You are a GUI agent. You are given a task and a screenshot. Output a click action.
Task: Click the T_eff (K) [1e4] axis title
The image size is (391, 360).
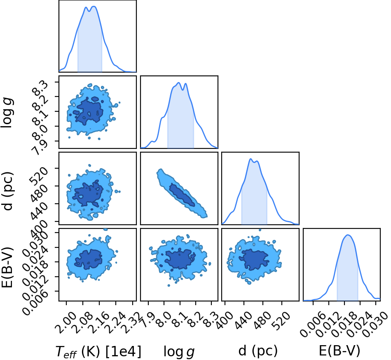point(98,351)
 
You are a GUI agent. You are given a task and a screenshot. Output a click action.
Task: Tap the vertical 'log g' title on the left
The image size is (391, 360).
point(7,113)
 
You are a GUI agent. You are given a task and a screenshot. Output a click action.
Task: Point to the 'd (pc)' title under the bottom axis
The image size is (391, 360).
point(258,351)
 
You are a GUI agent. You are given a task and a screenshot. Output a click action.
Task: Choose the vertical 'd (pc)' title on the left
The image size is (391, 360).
point(7,191)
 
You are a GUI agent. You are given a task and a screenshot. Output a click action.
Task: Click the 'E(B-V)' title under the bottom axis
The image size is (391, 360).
point(339,351)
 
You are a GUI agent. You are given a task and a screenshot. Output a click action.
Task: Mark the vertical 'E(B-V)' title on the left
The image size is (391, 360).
point(7,267)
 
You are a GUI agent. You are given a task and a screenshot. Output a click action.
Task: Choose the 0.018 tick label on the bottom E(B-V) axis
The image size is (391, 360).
point(345,322)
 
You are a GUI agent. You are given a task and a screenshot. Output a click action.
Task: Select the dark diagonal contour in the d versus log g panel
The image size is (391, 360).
point(182,195)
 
